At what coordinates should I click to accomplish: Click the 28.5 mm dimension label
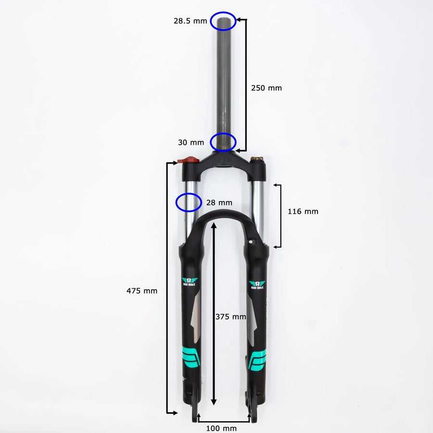(x=191, y=21)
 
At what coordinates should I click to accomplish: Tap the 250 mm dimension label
(x=267, y=88)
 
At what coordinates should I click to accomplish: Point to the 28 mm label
(x=219, y=203)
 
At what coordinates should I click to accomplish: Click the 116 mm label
(x=303, y=211)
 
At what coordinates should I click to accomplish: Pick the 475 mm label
(x=142, y=291)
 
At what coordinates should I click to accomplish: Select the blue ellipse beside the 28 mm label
(x=188, y=202)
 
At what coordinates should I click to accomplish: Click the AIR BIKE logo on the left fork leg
(x=189, y=282)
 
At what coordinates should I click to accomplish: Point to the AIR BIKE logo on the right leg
(x=256, y=284)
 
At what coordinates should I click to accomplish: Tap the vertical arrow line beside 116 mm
(x=280, y=215)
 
